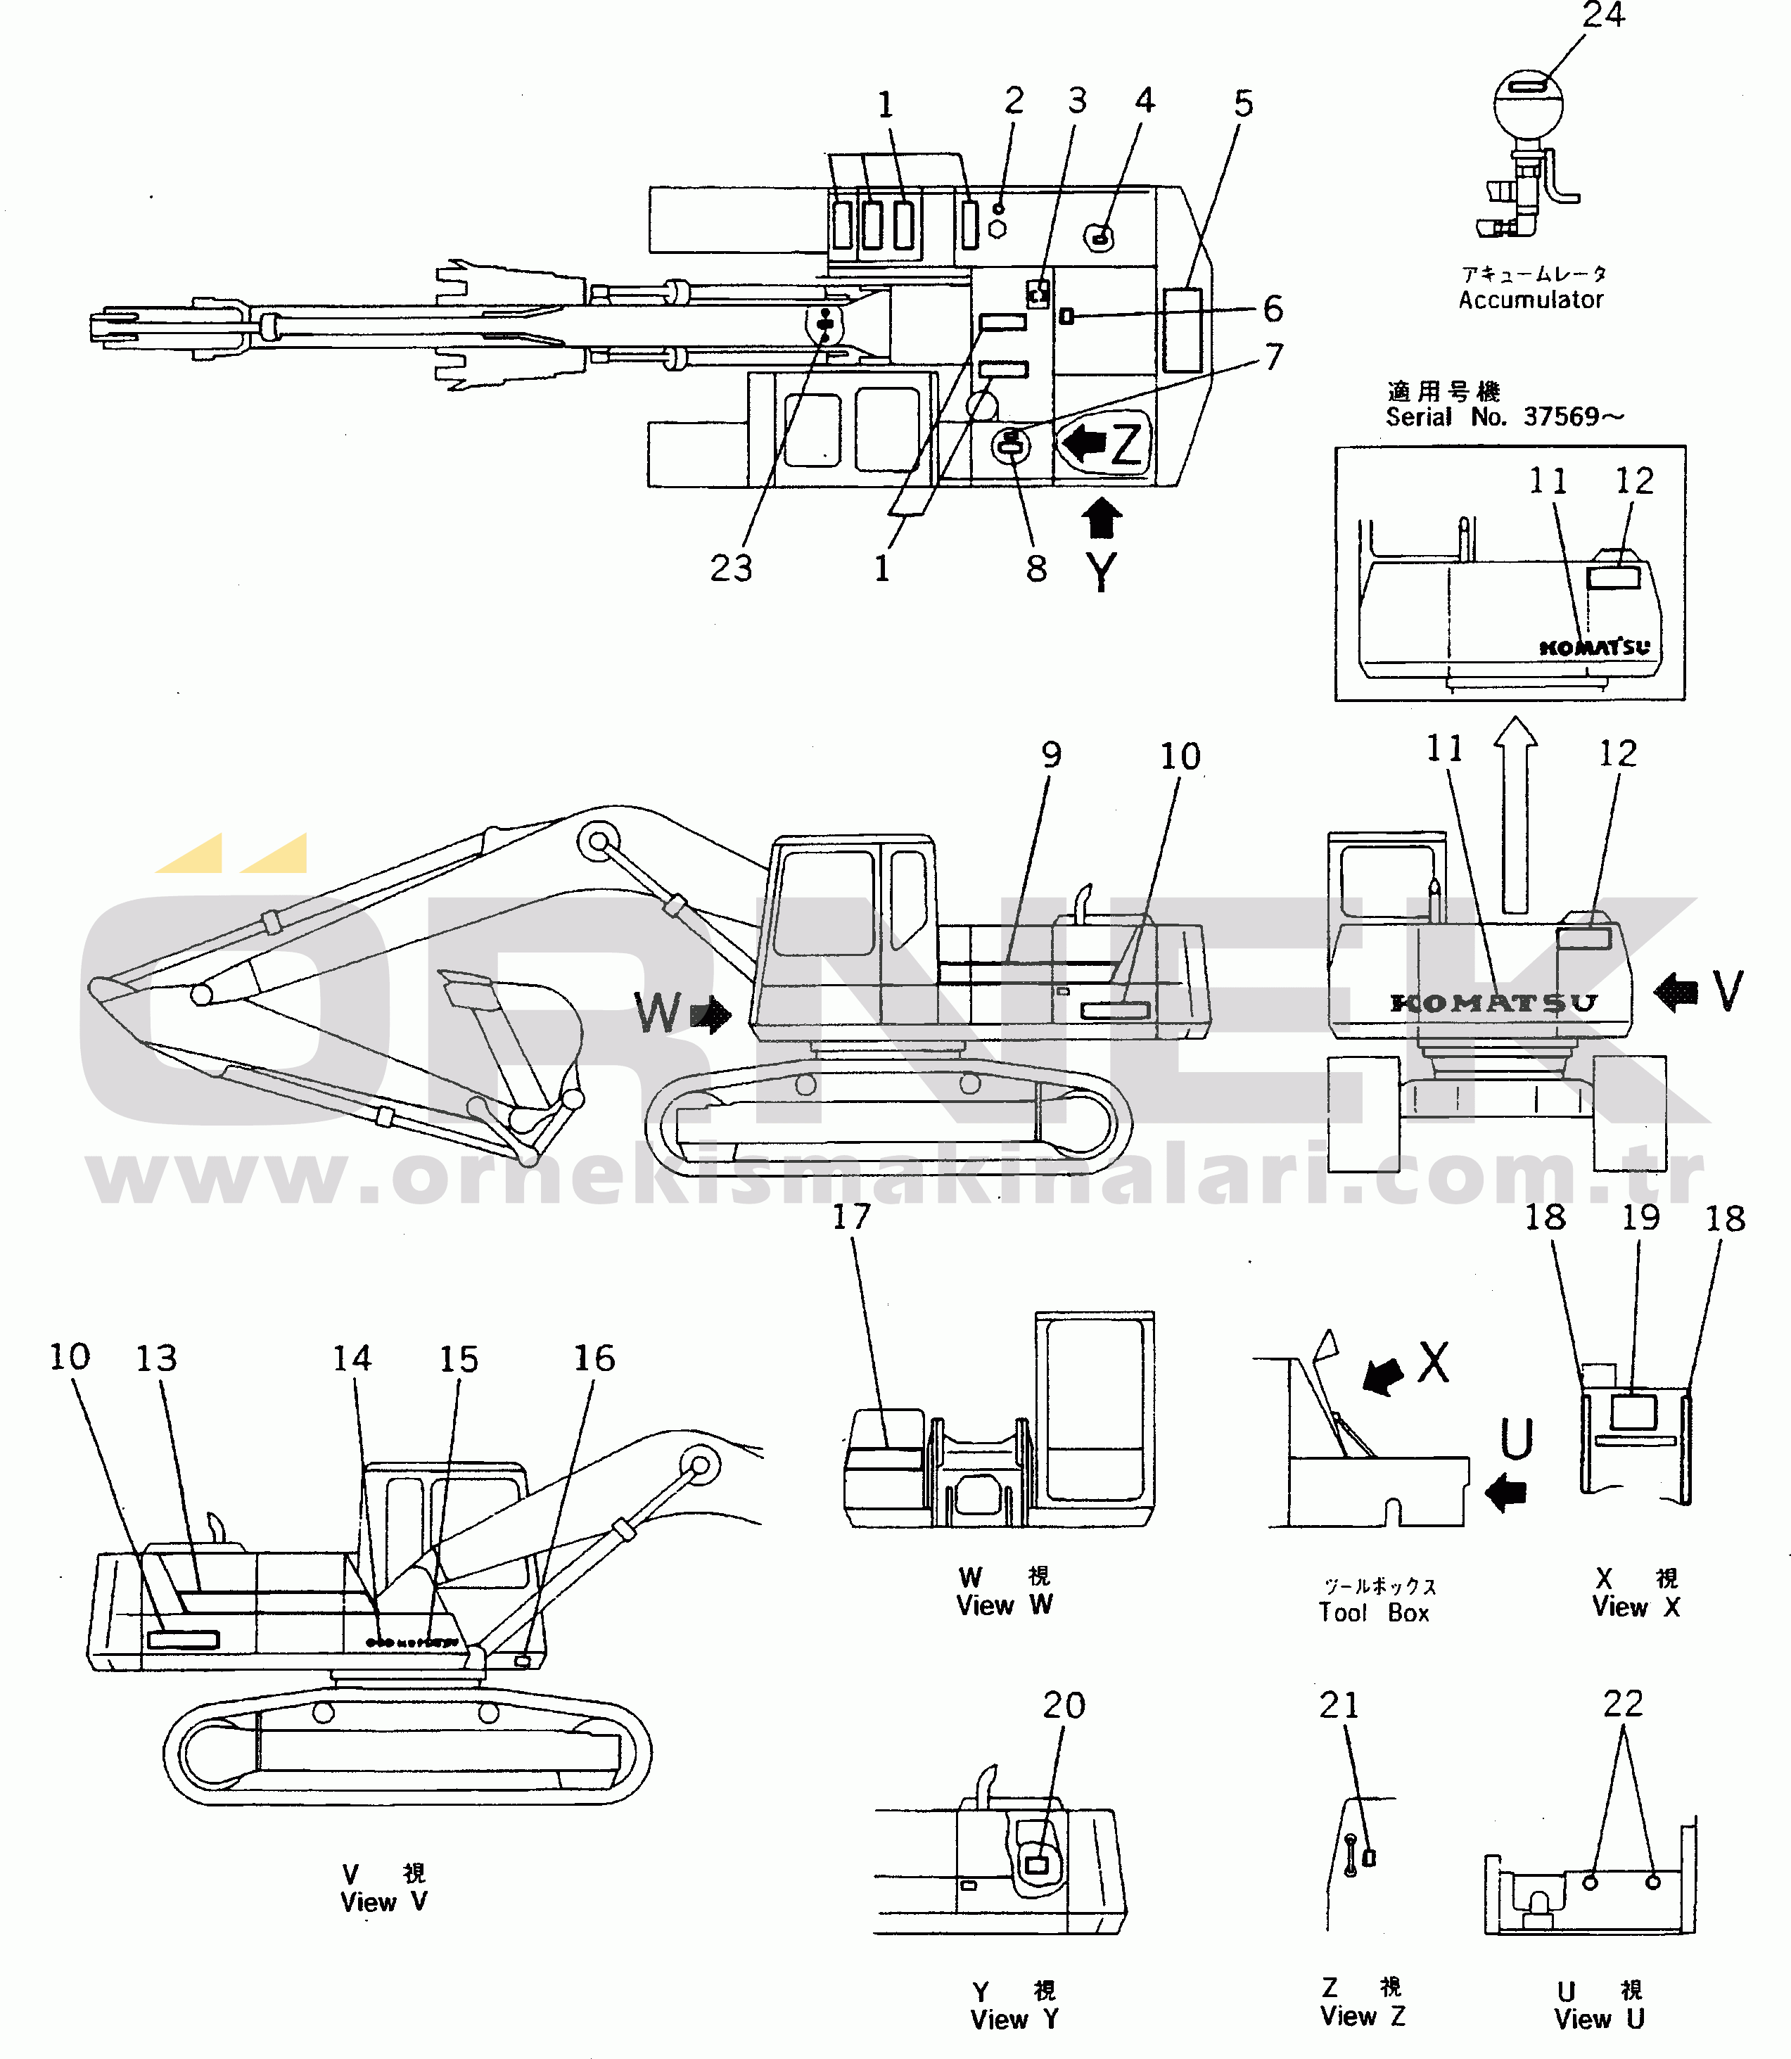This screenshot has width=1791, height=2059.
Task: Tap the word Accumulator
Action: [x=1530, y=300]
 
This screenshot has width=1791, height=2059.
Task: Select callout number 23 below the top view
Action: [x=731, y=568]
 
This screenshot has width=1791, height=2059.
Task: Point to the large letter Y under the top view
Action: [x=1102, y=572]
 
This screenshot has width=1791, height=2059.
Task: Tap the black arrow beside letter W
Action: [x=712, y=1016]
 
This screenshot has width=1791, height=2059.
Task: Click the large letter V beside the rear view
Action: [x=1728, y=990]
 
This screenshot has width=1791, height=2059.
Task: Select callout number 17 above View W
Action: [x=851, y=1216]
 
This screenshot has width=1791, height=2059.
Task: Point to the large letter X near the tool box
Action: [x=1433, y=1361]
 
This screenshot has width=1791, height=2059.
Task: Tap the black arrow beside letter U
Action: [x=1506, y=1494]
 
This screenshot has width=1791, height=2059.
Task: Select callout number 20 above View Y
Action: [x=1064, y=1705]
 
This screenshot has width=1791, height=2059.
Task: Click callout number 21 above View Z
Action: [x=1339, y=1705]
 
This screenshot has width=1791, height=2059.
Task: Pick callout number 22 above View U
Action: [x=1623, y=1703]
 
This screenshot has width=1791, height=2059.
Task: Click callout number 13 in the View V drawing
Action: [x=156, y=1358]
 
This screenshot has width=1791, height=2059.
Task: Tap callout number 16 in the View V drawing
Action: [x=594, y=1358]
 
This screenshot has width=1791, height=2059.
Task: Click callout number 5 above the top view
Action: [x=1243, y=103]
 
